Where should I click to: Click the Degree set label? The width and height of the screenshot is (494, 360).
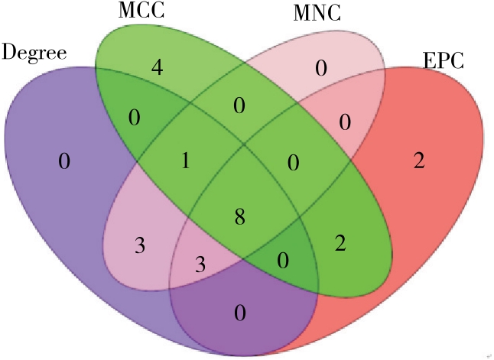(35, 52)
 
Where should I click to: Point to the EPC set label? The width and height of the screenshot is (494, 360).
(443, 61)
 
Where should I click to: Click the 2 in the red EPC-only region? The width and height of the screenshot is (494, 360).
(418, 161)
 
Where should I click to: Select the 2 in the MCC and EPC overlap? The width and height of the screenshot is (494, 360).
(341, 244)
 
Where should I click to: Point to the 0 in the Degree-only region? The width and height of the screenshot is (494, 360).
(63, 161)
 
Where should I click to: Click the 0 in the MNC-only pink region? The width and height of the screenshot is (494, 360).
(321, 70)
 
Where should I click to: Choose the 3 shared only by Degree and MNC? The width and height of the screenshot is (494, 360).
(139, 245)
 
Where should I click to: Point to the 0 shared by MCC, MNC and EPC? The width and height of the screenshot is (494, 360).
(291, 163)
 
